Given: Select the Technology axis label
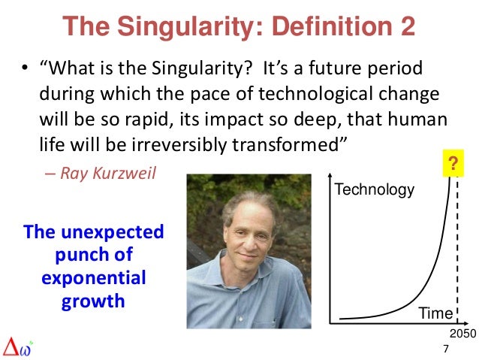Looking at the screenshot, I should pyautogui.click(x=374, y=189).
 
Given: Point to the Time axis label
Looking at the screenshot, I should pyautogui.click(x=435, y=313).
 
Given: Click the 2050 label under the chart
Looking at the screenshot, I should pyautogui.click(x=462, y=333).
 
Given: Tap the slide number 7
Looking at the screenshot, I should pyautogui.click(x=446, y=349).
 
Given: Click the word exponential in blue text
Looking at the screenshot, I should pyautogui.click(x=94, y=279).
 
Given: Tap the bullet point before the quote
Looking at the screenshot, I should pyautogui.click(x=25, y=70).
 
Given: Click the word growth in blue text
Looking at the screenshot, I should pyautogui.click(x=93, y=302).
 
